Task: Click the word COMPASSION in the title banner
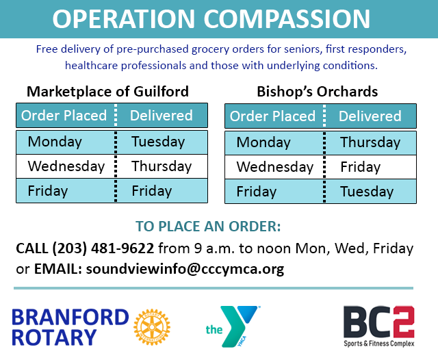287,18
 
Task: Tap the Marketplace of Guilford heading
107,92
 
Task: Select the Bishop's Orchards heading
318,92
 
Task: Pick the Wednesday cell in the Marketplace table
66,166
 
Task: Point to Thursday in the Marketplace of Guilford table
162,166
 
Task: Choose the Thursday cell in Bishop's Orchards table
370,142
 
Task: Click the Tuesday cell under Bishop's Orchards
367,192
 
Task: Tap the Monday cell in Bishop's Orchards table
263,142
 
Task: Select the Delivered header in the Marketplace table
162,116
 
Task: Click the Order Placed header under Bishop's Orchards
272,116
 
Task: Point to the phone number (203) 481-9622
103,248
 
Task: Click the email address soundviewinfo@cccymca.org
185,269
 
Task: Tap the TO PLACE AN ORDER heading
208,227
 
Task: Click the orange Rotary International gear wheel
152,326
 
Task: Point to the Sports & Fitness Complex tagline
378,344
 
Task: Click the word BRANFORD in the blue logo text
70,318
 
